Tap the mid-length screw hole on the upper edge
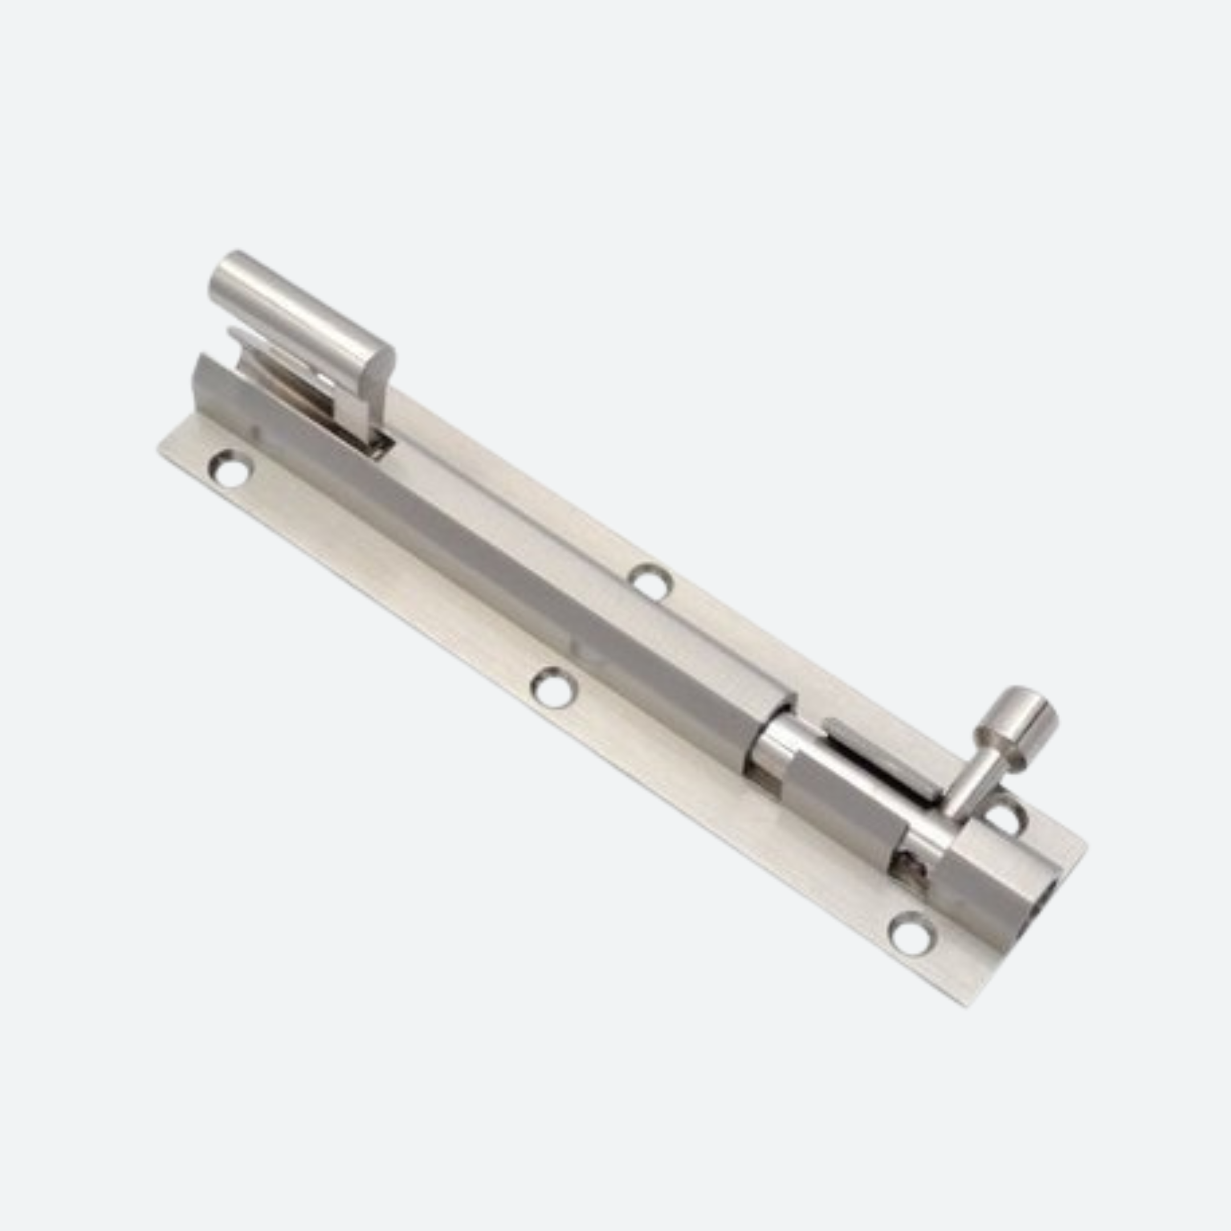point(650,581)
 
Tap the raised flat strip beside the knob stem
point(882,758)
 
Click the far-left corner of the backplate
point(160,450)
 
